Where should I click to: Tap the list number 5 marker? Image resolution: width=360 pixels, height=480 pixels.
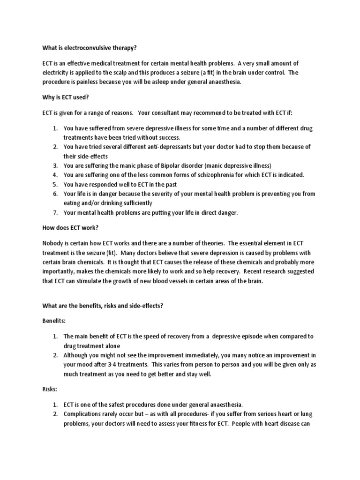[x=55, y=184]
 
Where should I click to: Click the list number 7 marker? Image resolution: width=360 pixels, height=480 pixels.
[x=55, y=212]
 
